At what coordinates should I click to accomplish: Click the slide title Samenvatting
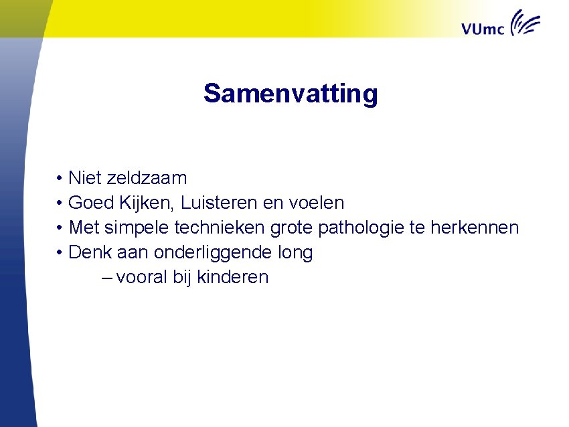pyautogui.click(x=291, y=94)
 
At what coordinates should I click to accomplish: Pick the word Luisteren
pyautogui.click(x=220, y=202)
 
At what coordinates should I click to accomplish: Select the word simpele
pyautogui.click(x=137, y=228)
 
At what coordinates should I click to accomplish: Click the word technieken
pyautogui.click(x=220, y=228)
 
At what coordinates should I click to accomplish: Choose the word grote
pyautogui.click(x=291, y=228)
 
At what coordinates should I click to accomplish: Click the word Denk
pyautogui.click(x=90, y=252)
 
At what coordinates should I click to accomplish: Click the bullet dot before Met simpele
pyautogui.click(x=60, y=228)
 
